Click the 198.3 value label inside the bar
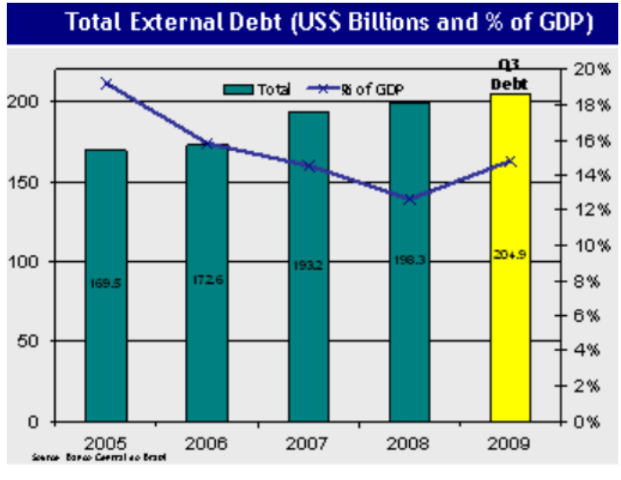pos(410,261)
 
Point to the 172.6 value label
pos(207,280)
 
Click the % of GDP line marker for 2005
pos(106,84)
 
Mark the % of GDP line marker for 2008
pos(410,199)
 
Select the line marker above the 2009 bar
pos(510,161)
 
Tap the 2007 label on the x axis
pos(308,442)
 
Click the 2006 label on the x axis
pos(207,442)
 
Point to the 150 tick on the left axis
pos(24,182)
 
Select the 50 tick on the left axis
pos(28,341)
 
